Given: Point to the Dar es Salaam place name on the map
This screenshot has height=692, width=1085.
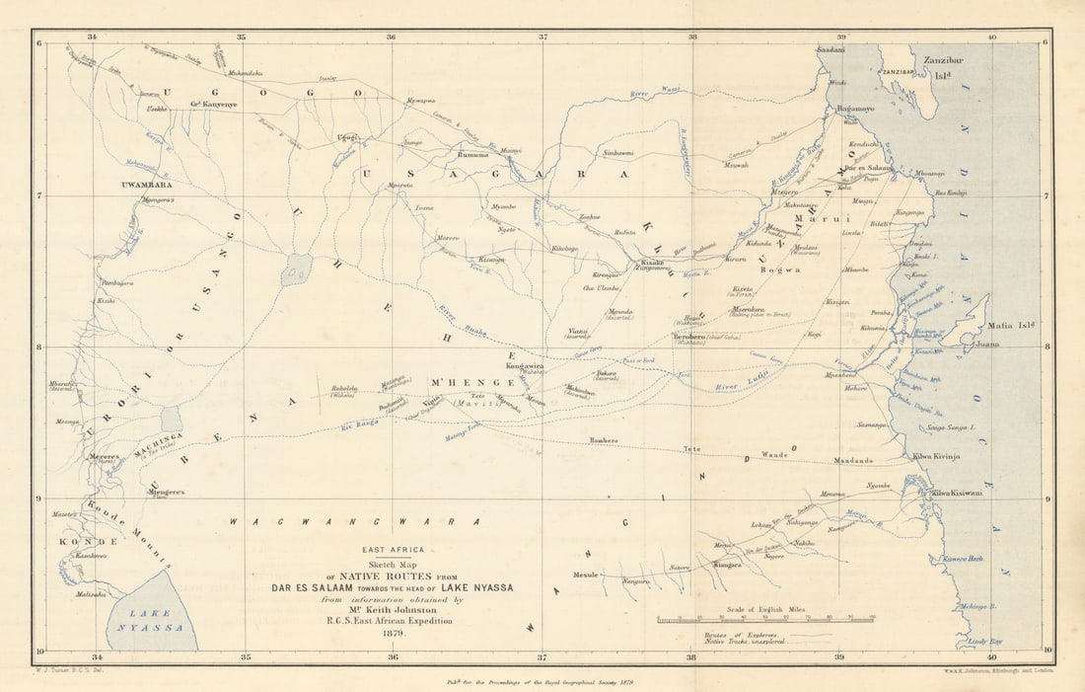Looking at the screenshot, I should pos(868,168).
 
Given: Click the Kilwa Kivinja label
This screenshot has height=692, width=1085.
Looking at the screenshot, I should pos(936,456).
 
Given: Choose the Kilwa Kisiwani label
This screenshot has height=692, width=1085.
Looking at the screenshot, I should pos(957,493).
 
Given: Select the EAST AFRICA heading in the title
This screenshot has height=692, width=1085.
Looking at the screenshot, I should pos(393,550).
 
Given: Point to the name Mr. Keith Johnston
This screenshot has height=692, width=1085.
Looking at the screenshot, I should pos(393,610).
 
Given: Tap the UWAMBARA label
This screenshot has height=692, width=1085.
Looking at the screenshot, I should pos(146,185).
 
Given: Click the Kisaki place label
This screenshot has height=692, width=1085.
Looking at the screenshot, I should pos(653,263).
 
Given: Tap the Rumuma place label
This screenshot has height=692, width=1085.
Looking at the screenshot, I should pos(473,155).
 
